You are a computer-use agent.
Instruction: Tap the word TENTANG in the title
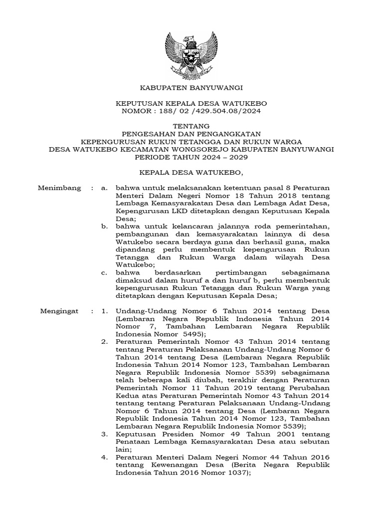pyautogui.click(x=191, y=126)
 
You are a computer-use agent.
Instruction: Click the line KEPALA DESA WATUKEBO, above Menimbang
pyautogui.click(x=191, y=173)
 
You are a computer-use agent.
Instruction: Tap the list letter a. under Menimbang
pyautogui.click(x=104, y=188)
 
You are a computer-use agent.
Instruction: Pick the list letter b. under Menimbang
pyautogui.click(x=104, y=227)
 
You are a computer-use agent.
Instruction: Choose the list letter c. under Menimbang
pyautogui.click(x=104, y=272)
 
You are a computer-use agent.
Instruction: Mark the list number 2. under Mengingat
pyautogui.click(x=104, y=342)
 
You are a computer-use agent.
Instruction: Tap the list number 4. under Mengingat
pyautogui.click(x=104, y=457)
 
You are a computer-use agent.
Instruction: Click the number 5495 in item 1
pyautogui.click(x=187, y=334)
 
